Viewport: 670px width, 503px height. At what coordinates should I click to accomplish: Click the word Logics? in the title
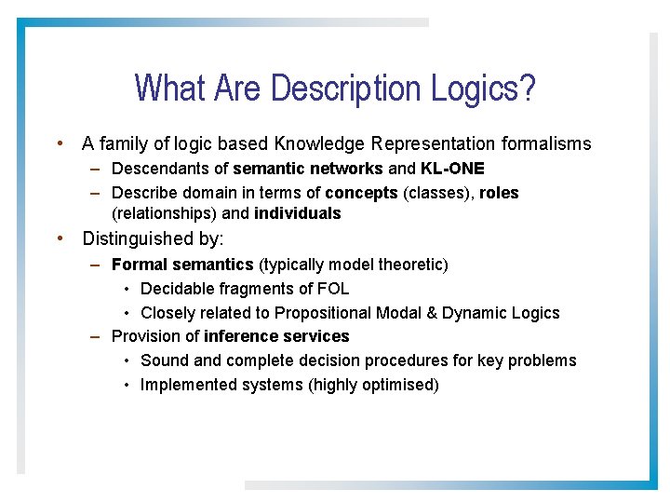483,88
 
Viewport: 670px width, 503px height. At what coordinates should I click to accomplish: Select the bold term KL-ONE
452,169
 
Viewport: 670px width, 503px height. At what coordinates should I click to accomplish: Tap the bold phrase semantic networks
307,169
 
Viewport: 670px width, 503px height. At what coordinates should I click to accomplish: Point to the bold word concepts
361,193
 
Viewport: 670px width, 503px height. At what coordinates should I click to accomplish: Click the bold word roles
499,193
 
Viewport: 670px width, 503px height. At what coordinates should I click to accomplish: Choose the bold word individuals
297,213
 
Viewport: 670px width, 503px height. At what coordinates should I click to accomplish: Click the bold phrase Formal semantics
182,265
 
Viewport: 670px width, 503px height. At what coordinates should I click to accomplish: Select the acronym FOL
331,289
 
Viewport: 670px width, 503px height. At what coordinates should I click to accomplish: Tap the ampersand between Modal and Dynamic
419,313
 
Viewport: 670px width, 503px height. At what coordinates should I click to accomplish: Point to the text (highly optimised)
373,385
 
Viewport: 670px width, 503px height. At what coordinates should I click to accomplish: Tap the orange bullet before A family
60,143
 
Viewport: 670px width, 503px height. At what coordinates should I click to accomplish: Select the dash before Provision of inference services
96,336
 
